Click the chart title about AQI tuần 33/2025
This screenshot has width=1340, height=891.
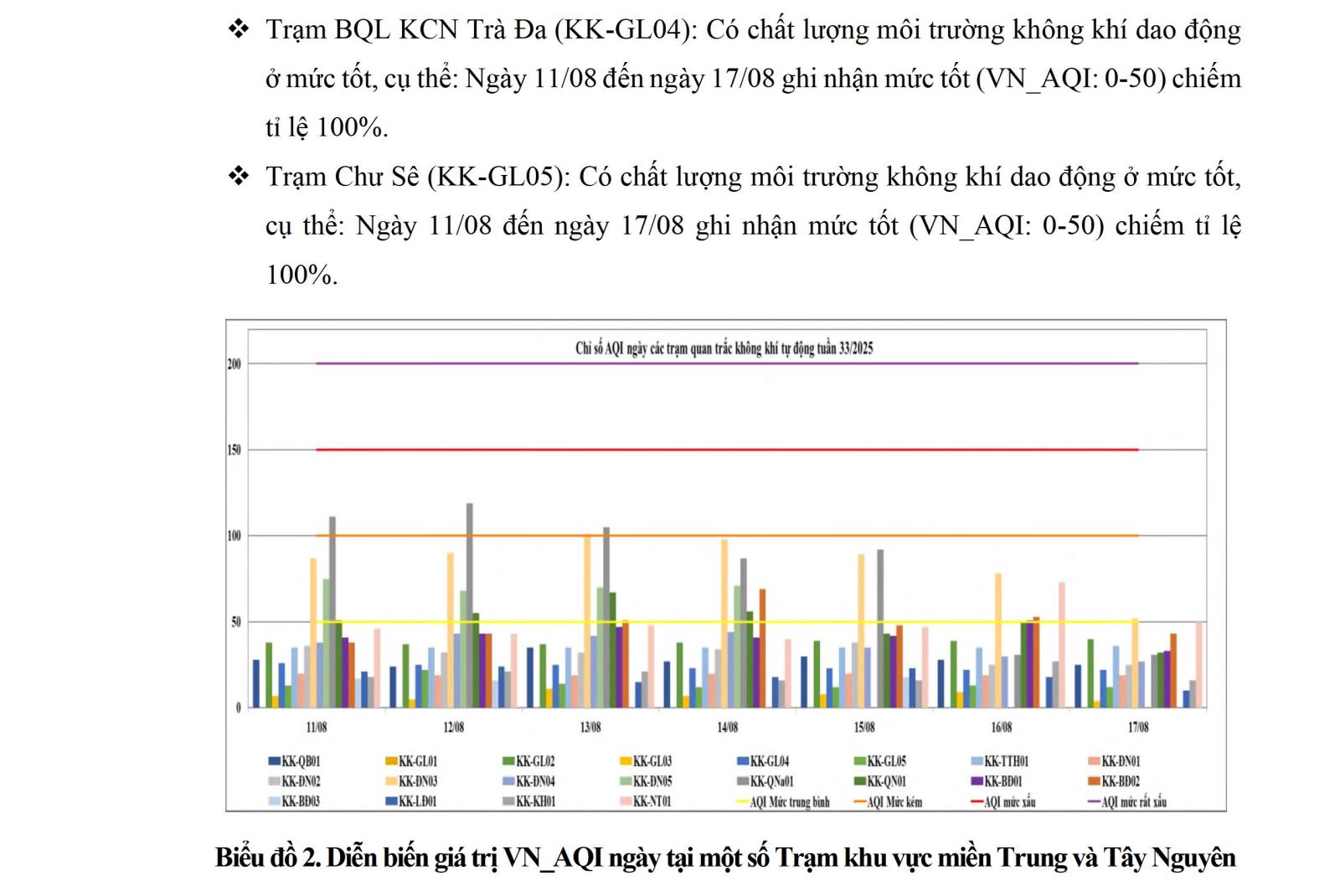724,348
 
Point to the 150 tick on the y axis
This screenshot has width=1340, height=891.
234,450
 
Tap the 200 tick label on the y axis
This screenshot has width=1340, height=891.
234,364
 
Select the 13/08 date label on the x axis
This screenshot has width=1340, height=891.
590,727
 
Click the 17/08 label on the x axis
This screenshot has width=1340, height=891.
1138,727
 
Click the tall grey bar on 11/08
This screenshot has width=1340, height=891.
332,611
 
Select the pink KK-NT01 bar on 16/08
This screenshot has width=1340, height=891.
1062,645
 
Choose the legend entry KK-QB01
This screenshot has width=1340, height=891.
294,761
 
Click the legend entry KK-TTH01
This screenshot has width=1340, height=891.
1000,761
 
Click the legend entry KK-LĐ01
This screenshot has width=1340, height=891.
411,801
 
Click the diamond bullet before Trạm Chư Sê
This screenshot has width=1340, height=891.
239,177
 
